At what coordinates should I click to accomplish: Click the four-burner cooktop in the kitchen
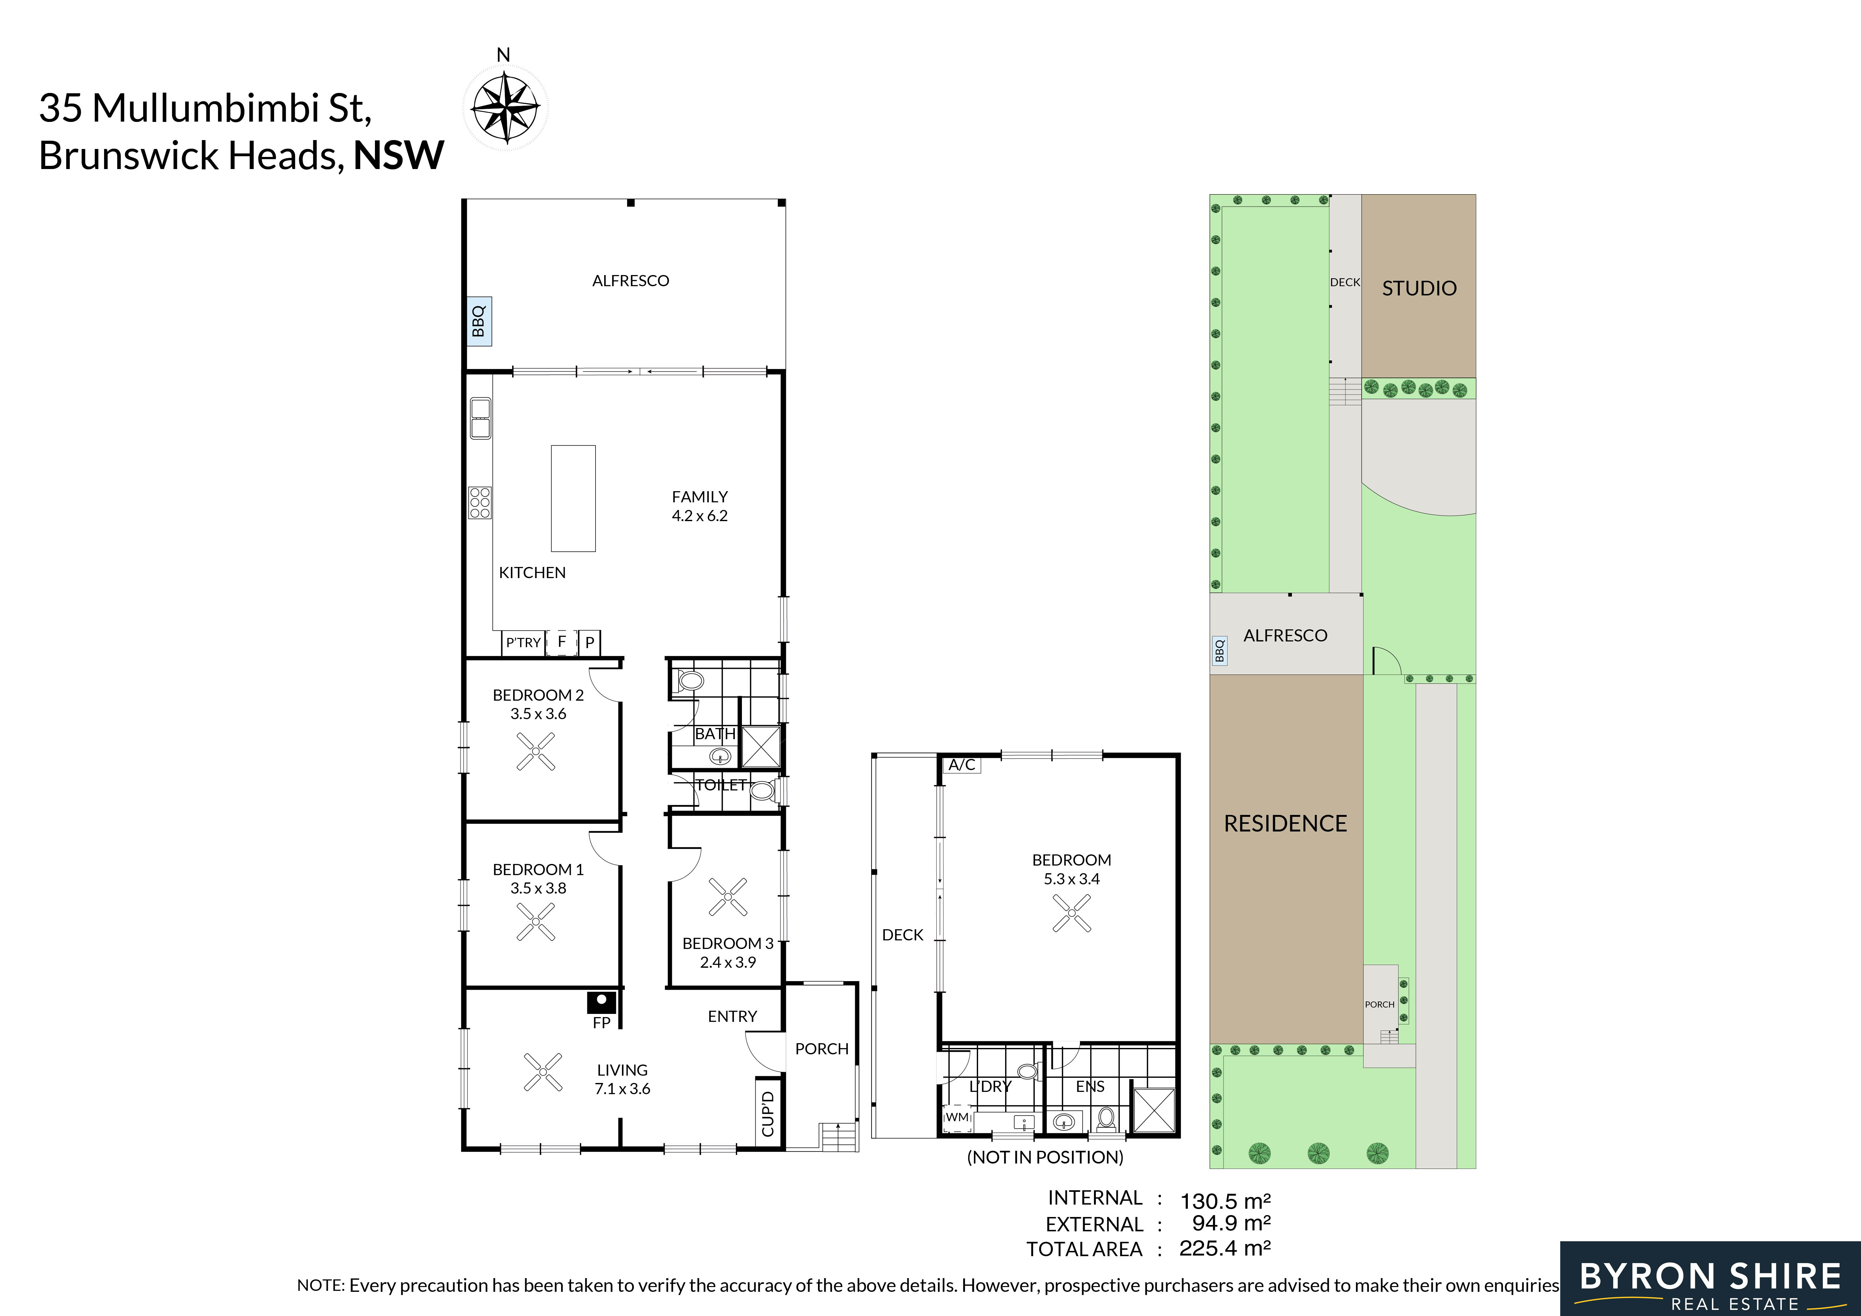(480, 502)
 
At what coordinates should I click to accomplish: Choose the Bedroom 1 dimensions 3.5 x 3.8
(538, 888)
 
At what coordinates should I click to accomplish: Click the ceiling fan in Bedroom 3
(728, 897)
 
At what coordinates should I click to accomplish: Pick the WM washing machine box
(957, 1117)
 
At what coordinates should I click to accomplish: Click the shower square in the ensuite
(1153, 1110)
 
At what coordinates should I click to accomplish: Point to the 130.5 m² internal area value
(1225, 1201)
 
